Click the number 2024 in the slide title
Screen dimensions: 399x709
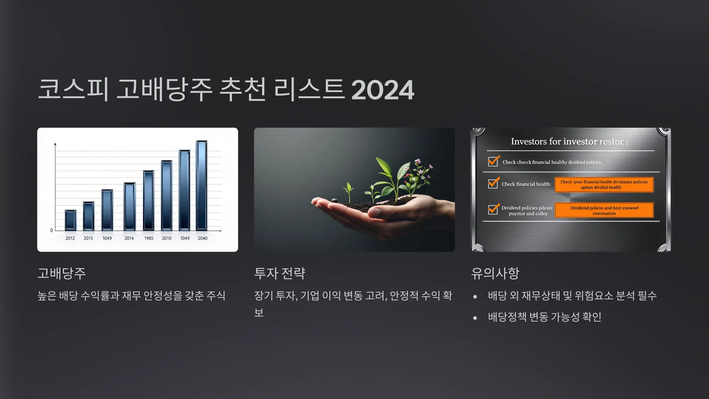click(383, 90)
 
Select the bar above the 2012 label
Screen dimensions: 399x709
click(71, 220)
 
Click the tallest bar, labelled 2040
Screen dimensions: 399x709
click(202, 186)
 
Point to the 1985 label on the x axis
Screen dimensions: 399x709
click(149, 238)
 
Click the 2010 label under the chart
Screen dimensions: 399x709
click(167, 238)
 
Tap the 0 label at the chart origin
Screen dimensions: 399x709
click(52, 231)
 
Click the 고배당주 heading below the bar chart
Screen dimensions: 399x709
click(62, 273)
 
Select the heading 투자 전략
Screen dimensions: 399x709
click(280, 273)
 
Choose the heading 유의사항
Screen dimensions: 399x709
click(495, 273)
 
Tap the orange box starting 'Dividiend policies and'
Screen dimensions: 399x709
click(604, 210)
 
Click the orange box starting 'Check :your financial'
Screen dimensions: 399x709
click(604, 184)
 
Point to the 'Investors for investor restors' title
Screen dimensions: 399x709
click(570, 142)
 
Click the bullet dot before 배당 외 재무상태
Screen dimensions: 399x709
click(475, 296)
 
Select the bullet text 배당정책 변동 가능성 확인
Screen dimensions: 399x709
click(545, 317)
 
